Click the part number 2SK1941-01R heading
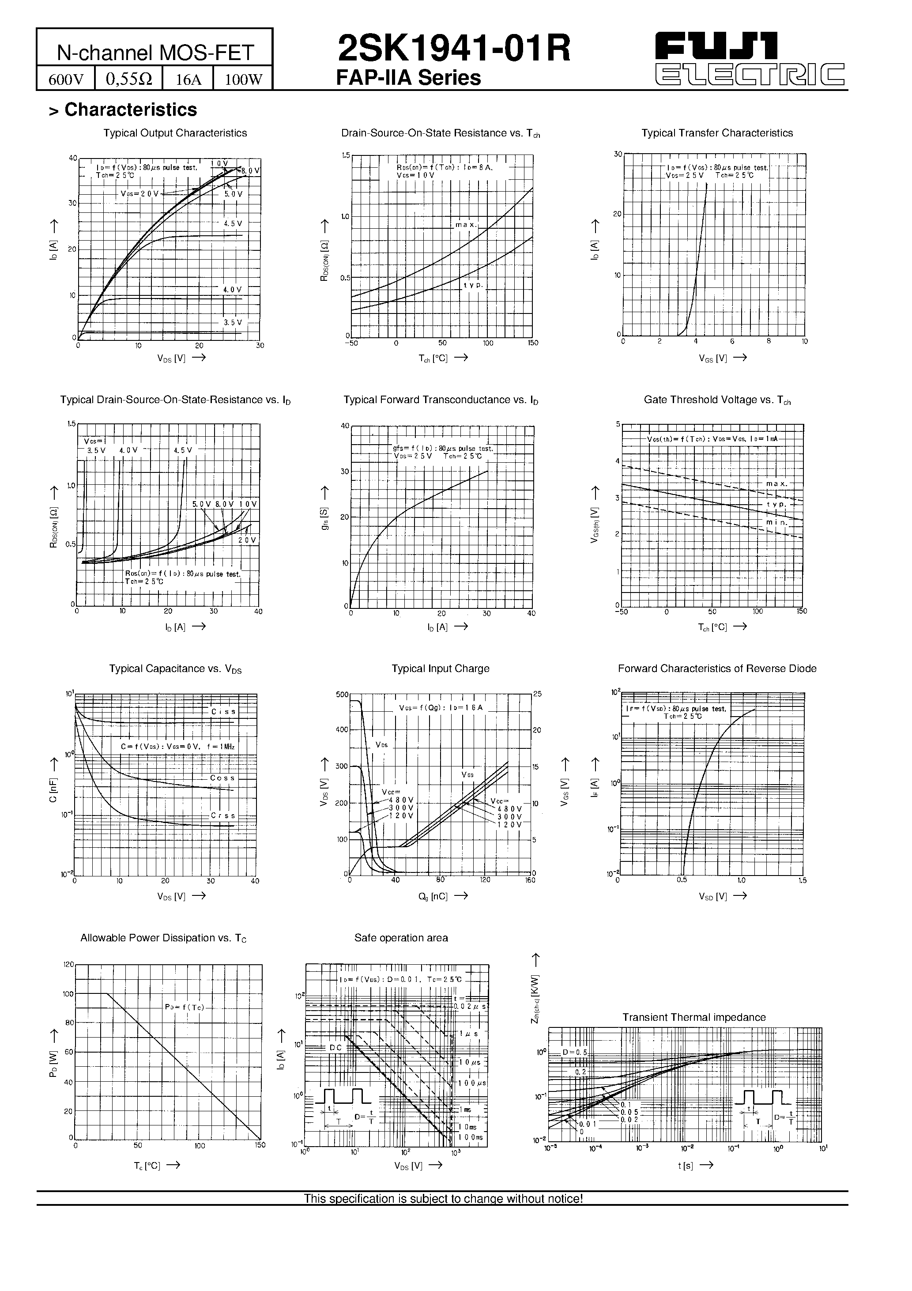[454, 49]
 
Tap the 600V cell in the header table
[66, 79]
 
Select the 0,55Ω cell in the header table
[129, 79]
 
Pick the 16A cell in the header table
[188, 79]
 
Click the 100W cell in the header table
[243, 79]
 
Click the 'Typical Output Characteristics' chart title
[175, 133]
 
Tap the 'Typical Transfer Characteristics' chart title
[717, 133]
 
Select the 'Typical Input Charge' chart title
[440, 668]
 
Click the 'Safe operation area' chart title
[401, 938]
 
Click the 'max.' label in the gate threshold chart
[776, 484]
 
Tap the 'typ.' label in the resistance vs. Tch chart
[473, 285]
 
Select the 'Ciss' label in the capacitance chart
[223, 712]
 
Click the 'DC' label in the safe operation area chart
[335, 1048]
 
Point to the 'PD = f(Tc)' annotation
[185, 1007]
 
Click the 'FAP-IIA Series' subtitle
[408, 78]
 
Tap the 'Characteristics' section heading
[131, 109]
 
